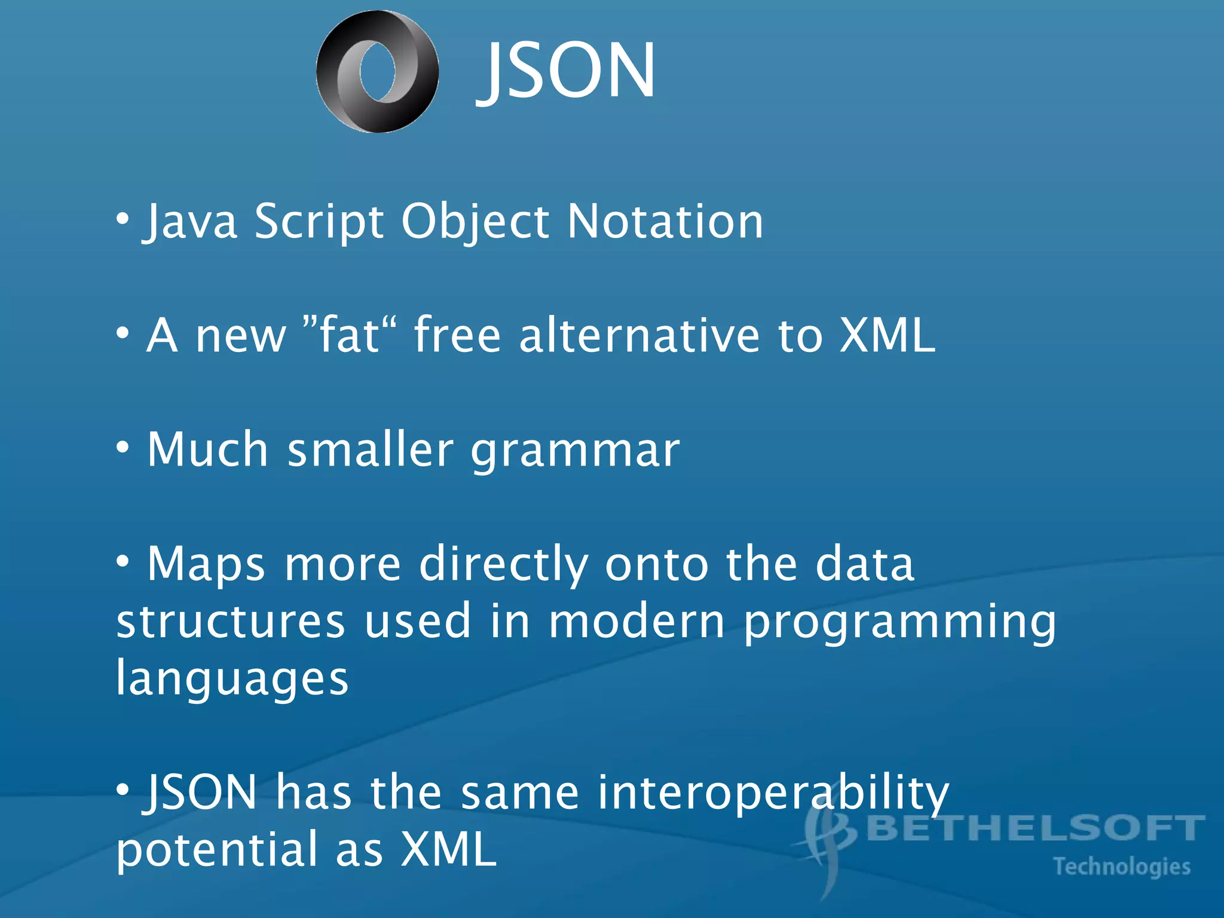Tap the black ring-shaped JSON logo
pyautogui.click(x=378, y=72)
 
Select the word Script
pyautogui.click(x=319, y=221)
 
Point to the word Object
pyautogui.click(x=475, y=221)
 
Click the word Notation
pyautogui.click(x=665, y=221)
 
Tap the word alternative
pyautogui.click(x=639, y=335)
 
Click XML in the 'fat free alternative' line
pyautogui.click(x=887, y=335)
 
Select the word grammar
pyautogui.click(x=575, y=449)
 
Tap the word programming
pyautogui.click(x=900, y=622)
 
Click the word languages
pyautogui.click(x=232, y=678)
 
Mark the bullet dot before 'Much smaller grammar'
pyautogui.click(x=123, y=446)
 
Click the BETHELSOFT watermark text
pyautogui.click(x=1035, y=828)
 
